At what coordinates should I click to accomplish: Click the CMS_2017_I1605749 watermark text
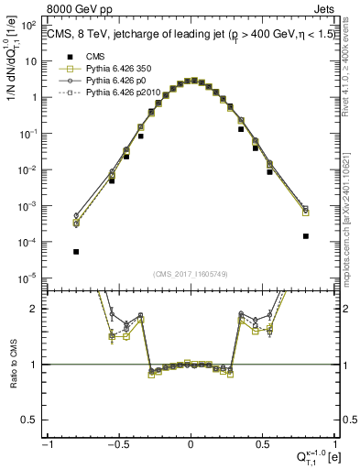click(190, 274)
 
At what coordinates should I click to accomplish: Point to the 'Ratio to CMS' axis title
click(12, 366)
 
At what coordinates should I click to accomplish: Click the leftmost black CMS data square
click(76, 252)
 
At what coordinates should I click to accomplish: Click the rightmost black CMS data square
click(305, 236)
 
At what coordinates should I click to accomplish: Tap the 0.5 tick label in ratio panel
click(33, 420)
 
